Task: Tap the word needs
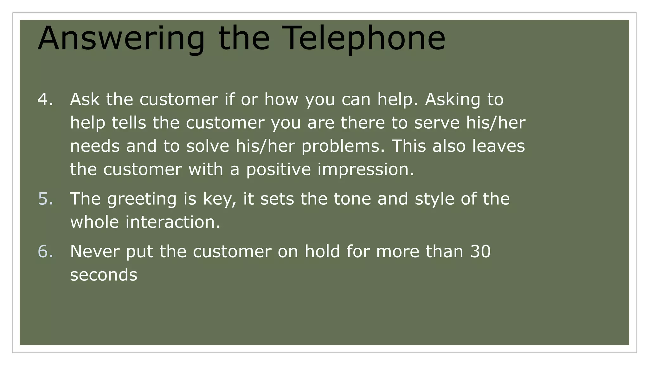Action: pyautogui.click(x=95, y=146)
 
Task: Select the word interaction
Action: pyautogui.click(x=173, y=222)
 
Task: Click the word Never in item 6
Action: pyautogui.click(x=94, y=252)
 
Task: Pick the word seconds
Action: pyautogui.click(x=104, y=275)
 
